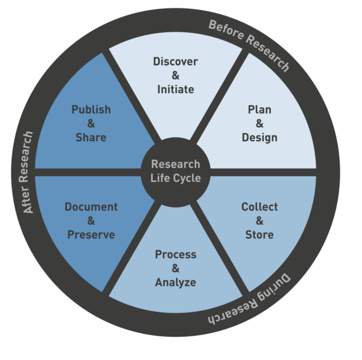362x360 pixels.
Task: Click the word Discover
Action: (x=175, y=62)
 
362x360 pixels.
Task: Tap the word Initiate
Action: (x=175, y=90)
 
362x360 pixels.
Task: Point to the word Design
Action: (x=259, y=137)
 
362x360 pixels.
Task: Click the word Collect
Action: (x=259, y=206)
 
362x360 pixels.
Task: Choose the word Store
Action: (x=259, y=234)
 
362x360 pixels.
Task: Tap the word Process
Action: (x=175, y=254)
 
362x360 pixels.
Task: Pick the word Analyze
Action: (x=175, y=282)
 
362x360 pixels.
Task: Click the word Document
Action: (x=91, y=206)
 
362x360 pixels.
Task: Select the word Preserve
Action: (x=91, y=234)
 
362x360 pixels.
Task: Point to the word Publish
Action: (x=91, y=109)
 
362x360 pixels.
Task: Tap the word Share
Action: (x=91, y=137)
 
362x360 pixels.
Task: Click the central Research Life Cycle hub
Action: (x=175, y=171)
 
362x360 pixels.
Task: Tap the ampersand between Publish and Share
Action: (x=91, y=123)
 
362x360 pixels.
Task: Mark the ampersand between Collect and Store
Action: (x=259, y=220)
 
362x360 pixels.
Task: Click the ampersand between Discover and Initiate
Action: (x=175, y=76)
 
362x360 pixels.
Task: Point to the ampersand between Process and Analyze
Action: (x=175, y=268)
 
